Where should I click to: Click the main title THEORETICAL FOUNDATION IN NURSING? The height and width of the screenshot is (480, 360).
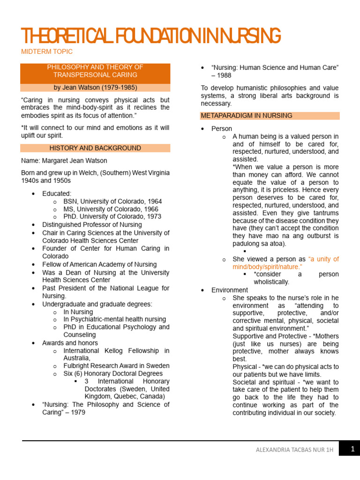(x=151, y=36)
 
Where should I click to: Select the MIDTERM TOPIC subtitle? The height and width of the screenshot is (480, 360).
(x=47, y=52)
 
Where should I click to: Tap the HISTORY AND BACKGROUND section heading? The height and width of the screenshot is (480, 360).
(x=95, y=148)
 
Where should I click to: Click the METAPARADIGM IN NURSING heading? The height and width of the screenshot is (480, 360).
(x=246, y=115)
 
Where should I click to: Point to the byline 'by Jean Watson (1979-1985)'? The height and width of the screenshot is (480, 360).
(x=95, y=88)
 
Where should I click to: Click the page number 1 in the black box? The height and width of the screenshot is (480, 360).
(x=352, y=449)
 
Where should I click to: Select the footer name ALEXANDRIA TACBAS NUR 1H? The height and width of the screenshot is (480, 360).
(x=294, y=450)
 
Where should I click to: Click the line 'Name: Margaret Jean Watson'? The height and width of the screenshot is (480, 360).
(x=64, y=161)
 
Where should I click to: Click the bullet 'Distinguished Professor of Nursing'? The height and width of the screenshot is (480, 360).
(x=92, y=225)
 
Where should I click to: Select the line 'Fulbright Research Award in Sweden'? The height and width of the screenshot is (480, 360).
(x=116, y=366)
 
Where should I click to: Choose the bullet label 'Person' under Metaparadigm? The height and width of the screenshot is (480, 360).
(x=222, y=128)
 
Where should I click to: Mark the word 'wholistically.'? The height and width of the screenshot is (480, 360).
(x=271, y=282)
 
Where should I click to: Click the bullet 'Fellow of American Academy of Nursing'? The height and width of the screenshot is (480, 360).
(x=99, y=264)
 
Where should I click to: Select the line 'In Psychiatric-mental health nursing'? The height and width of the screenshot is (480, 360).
(x=115, y=319)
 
